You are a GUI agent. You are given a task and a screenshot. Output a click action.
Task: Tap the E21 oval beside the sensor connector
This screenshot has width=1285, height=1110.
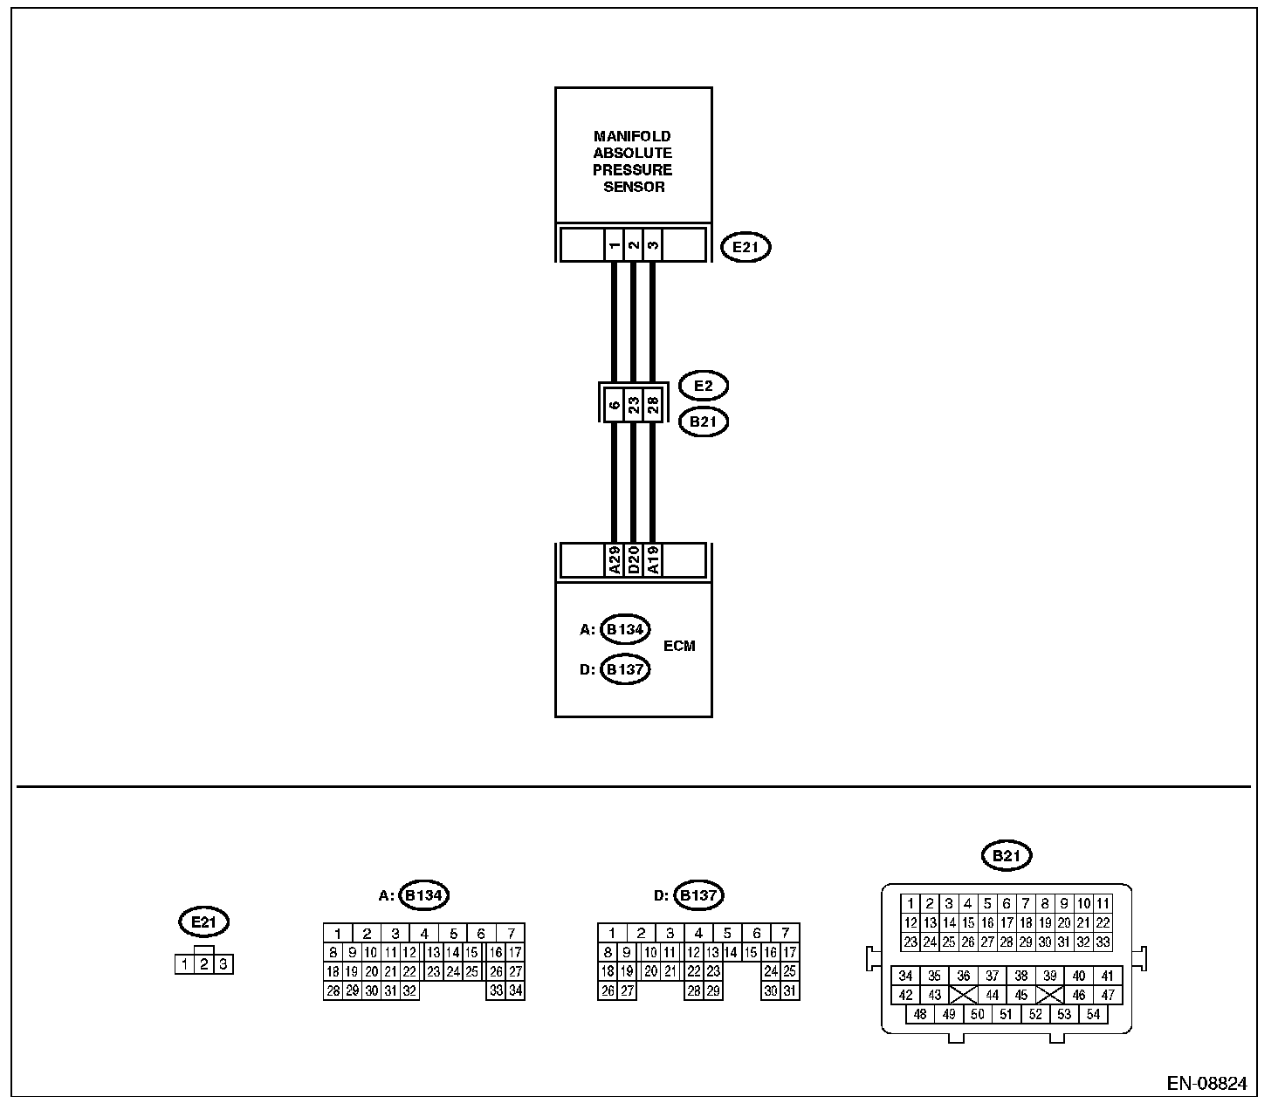click(746, 247)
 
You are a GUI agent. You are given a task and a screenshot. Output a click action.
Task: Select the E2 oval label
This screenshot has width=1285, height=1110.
click(703, 386)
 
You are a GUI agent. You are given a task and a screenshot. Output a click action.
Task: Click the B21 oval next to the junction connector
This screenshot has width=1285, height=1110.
click(703, 422)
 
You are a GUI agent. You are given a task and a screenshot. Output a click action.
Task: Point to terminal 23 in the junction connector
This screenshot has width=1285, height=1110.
click(634, 405)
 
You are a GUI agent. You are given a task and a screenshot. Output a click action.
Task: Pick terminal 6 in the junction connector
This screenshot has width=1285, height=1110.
click(615, 405)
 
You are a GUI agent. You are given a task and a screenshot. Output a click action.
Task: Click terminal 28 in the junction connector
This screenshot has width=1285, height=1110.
click(652, 405)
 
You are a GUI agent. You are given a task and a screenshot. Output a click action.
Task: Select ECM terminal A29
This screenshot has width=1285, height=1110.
click(615, 560)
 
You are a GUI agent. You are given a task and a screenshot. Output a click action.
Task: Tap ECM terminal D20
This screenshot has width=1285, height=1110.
click(634, 560)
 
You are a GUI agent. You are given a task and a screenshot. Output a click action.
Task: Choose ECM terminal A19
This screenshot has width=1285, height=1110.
click(652, 560)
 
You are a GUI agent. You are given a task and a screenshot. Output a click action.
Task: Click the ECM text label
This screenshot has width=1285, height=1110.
click(679, 647)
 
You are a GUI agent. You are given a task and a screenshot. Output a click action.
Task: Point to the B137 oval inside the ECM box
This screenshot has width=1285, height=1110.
click(625, 670)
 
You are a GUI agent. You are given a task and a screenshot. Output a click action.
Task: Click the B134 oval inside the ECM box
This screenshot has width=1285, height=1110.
click(625, 629)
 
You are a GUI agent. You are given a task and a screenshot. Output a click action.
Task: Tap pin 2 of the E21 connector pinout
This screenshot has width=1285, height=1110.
click(204, 964)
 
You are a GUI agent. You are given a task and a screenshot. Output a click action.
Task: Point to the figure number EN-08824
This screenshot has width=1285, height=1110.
click(1206, 1084)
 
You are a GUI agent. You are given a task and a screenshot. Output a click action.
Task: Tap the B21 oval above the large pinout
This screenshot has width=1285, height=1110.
click(1007, 856)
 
